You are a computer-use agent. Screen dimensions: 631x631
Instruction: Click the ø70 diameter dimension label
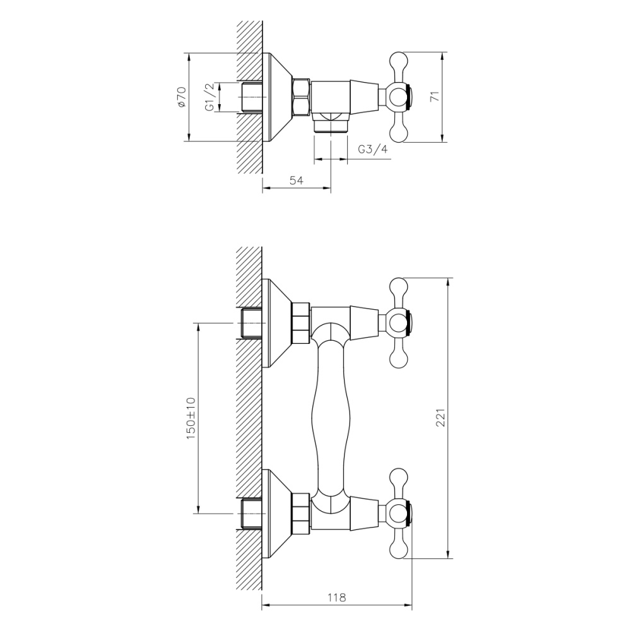(180, 97)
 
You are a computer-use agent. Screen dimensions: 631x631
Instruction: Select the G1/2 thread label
(209, 97)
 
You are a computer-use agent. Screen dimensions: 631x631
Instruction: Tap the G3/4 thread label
(372, 150)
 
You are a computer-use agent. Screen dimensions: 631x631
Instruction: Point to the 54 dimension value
(297, 180)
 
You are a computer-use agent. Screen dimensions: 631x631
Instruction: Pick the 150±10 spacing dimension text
(191, 418)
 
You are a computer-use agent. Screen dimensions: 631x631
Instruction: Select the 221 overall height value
(441, 418)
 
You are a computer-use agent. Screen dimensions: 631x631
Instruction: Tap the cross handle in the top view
(399, 97)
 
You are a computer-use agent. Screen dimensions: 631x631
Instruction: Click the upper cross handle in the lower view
(399, 322)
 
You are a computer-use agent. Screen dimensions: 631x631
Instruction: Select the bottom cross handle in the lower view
(399, 514)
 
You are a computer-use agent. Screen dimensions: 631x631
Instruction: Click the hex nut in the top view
(302, 97)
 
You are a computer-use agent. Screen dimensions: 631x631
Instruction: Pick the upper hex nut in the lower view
(301, 322)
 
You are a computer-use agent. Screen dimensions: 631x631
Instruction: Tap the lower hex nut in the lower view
(301, 514)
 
